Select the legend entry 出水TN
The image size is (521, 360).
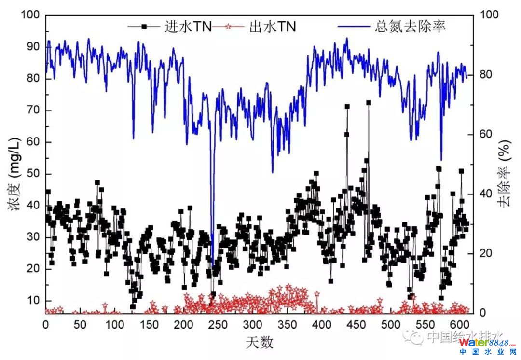[272, 27]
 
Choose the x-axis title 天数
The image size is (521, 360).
[260, 343]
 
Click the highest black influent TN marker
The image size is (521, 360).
[369, 103]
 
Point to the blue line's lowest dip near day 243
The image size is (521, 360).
[212, 264]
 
